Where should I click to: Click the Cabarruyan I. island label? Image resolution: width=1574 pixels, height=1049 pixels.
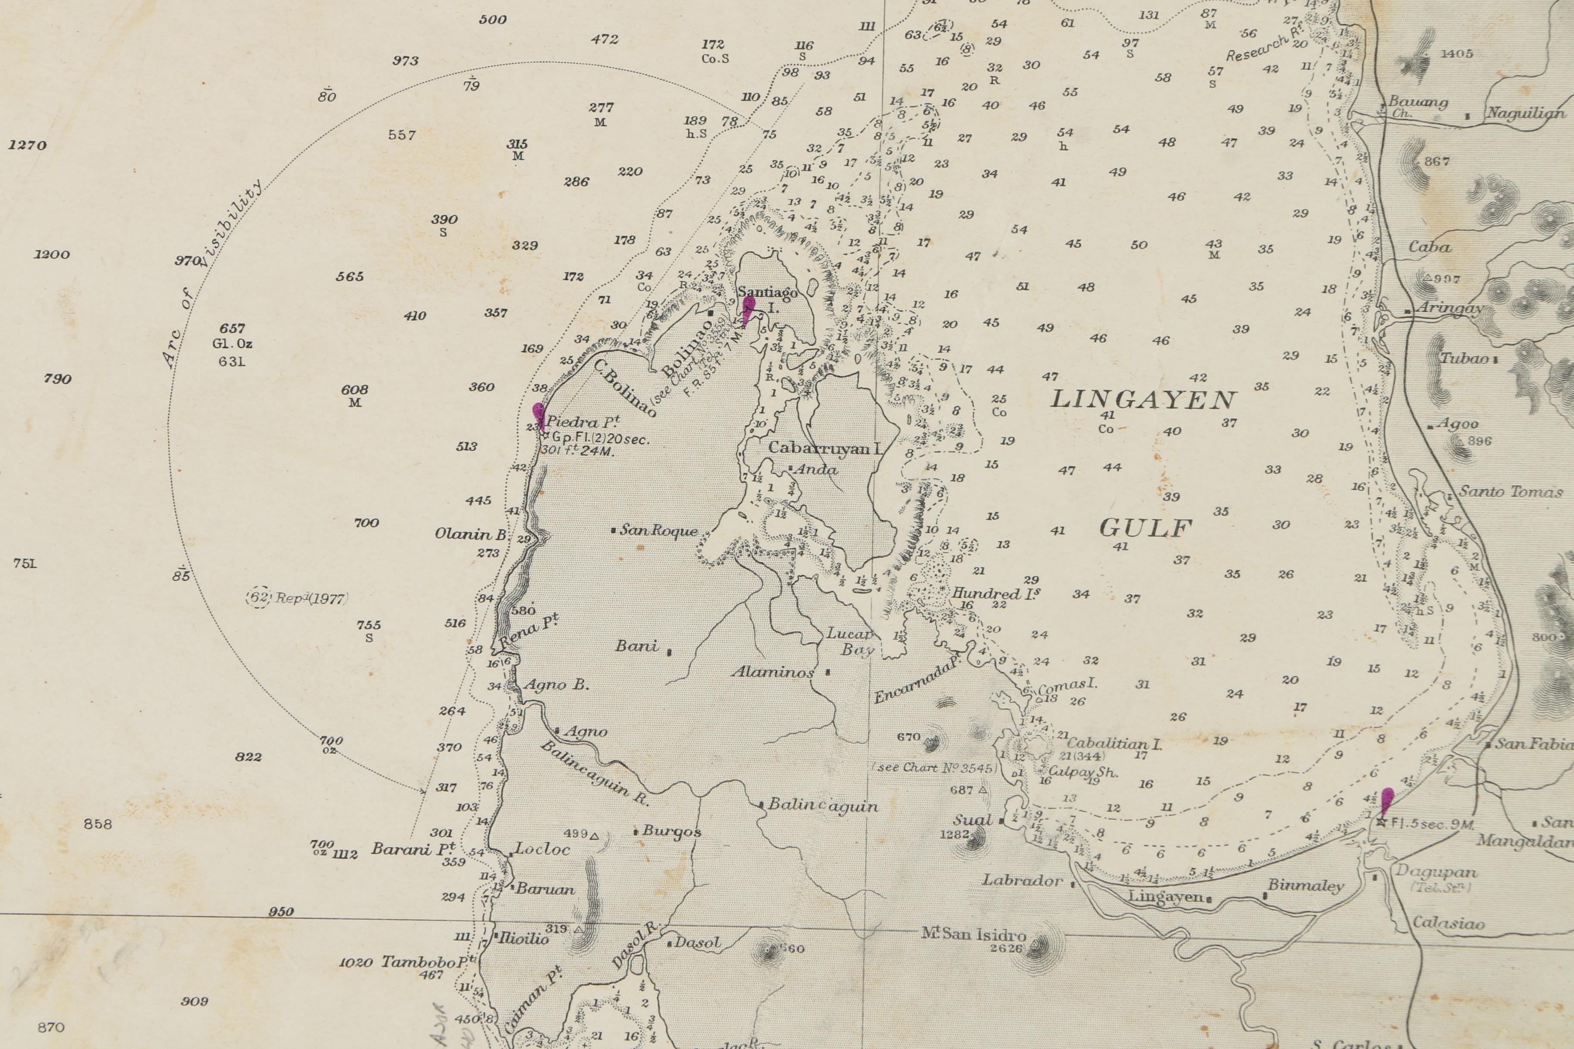click(x=824, y=448)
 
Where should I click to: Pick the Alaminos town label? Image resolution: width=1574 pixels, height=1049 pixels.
click(x=773, y=672)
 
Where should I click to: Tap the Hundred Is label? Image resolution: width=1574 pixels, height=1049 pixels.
click(x=996, y=593)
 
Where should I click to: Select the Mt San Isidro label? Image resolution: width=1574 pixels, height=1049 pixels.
click(x=974, y=934)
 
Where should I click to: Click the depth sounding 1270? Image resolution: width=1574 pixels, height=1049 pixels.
click(x=28, y=145)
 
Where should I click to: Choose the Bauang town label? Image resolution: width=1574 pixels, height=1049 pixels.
click(x=1418, y=102)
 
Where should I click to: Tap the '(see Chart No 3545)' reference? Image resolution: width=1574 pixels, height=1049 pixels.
click(x=934, y=767)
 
